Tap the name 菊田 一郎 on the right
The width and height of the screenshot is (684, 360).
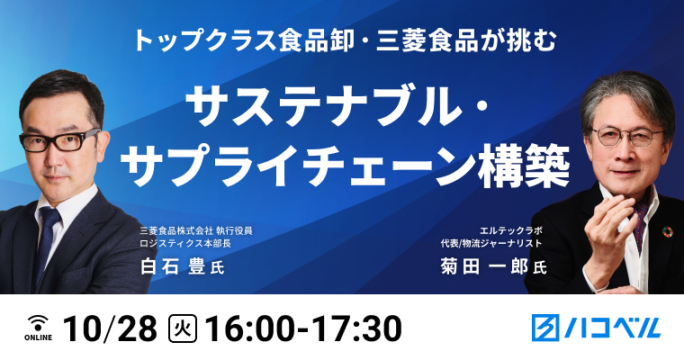tap(484, 266)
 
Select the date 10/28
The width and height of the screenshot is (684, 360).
tap(111, 329)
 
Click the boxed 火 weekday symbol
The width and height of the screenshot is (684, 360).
tap(183, 329)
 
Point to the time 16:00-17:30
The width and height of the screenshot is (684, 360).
tap(303, 329)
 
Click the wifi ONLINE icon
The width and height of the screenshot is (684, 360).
tap(38, 328)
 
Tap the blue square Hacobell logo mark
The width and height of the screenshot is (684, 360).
tap(545, 328)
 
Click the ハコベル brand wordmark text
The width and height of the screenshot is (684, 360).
tap(612, 328)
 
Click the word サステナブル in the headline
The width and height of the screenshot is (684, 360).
tap(324, 108)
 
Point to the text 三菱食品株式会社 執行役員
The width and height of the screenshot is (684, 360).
tap(196, 230)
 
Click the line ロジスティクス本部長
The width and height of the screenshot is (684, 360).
tap(185, 244)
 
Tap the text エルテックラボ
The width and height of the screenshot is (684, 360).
tap(510, 230)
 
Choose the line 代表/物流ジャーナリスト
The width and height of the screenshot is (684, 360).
tap(491, 243)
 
